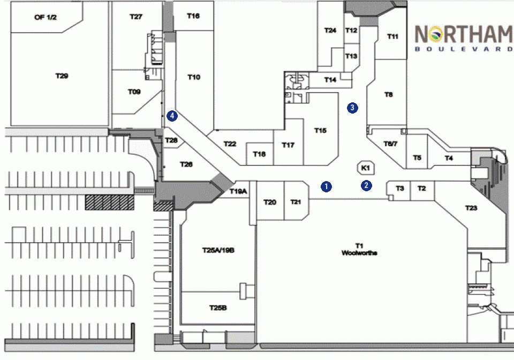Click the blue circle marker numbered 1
tap(326, 186)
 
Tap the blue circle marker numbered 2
tap(366, 185)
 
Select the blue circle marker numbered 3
tap(352, 108)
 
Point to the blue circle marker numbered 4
tap(172, 116)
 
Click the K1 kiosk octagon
tap(366, 168)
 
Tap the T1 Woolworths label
tap(359, 249)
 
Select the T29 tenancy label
tap(62, 76)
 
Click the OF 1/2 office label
tap(45, 17)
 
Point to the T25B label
tap(218, 308)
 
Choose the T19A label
tap(238, 191)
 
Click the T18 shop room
tap(260, 154)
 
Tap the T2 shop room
tap(422, 191)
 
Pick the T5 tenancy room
tap(417, 152)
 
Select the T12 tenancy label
tap(351, 31)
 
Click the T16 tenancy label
tap(193, 16)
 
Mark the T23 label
tap(471, 208)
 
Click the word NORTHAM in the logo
tap(464, 34)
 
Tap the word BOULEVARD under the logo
tap(464, 49)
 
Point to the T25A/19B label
tap(218, 251)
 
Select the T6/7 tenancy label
tap(390, 144)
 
